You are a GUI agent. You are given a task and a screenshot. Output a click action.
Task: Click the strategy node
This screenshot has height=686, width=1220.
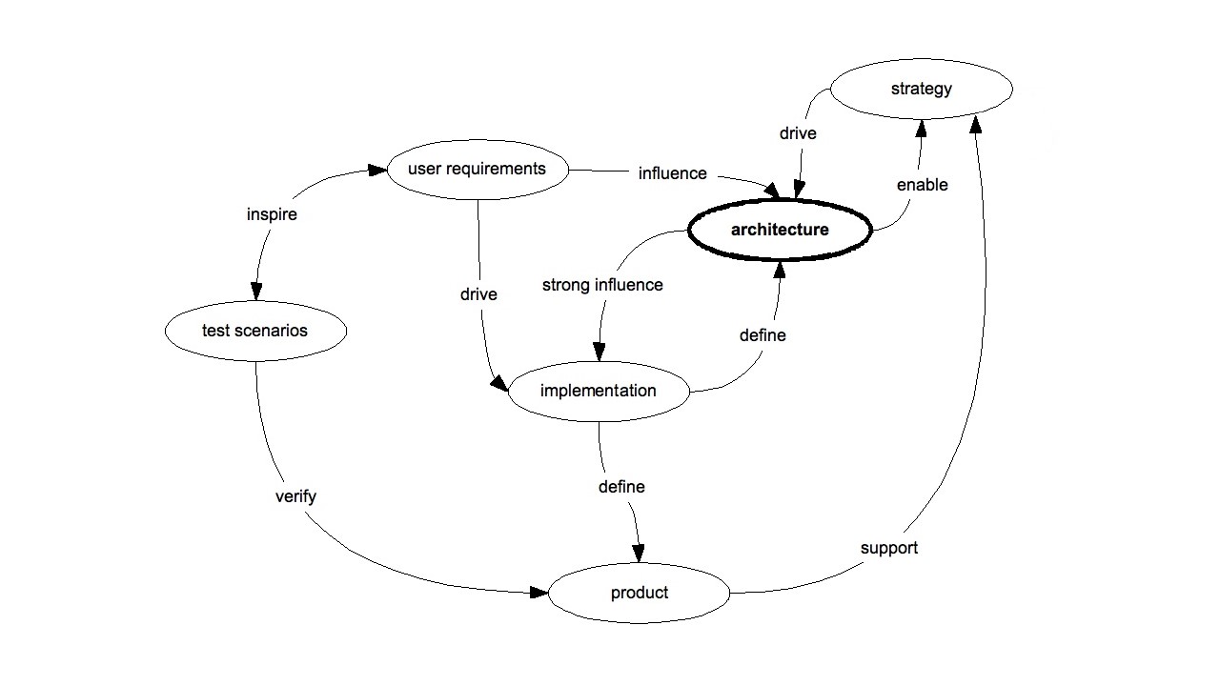point(921,90)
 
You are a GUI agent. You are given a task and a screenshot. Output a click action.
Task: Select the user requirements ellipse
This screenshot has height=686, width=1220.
point(477,170)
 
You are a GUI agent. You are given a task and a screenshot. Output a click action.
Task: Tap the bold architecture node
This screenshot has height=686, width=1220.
point(780,230)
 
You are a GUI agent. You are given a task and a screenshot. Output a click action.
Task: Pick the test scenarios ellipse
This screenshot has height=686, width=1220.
point(254,332)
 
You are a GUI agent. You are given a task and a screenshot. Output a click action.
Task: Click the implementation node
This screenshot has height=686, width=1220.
point(598,391)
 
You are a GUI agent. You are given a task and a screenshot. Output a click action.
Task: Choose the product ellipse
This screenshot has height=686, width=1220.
point(639,593)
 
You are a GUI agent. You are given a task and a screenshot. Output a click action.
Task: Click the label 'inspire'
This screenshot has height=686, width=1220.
point(272,214)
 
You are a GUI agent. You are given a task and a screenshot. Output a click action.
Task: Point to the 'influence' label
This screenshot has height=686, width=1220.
point(672,173)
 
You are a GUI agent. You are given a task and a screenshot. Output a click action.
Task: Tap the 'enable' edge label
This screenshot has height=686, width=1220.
point(922,185)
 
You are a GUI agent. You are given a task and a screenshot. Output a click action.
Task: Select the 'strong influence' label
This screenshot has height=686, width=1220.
point(601,285)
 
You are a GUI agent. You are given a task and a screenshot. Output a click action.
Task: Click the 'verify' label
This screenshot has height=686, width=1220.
point(295,496)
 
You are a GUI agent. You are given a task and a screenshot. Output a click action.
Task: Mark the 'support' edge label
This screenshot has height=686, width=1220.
point(888,548)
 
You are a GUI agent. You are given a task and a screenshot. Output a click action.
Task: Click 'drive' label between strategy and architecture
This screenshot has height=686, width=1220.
point(798,133)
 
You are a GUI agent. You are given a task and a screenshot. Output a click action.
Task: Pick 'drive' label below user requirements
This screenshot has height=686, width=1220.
point(478,294)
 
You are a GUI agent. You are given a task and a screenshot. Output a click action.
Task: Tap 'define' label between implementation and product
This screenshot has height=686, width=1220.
point(621,487)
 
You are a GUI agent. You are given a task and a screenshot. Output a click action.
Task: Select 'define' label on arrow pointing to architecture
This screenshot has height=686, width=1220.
point(762,335)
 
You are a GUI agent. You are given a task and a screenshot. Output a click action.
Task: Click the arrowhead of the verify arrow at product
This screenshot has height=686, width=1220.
point(540,593)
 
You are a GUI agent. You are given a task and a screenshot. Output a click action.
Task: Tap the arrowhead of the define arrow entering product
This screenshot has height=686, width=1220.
point(639,553)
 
